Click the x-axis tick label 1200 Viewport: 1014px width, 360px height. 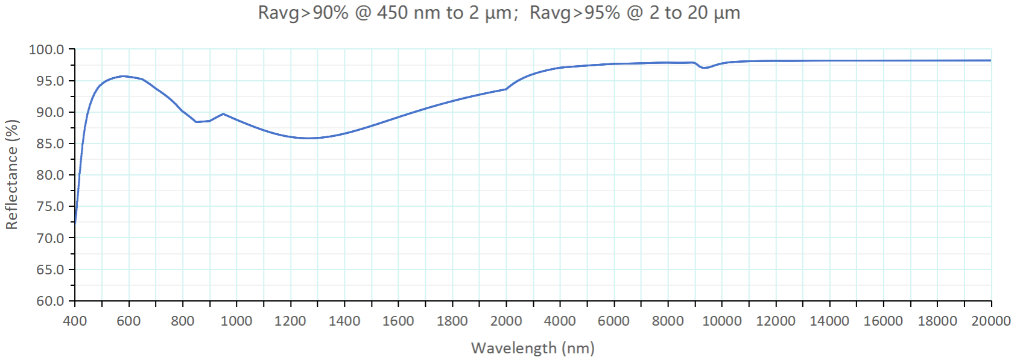(x=290, y=321)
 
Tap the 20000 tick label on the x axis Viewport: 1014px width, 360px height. (x=990, y=321)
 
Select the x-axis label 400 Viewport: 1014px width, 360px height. (x=75, y=321)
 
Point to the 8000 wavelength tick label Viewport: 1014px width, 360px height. (x=668, y=321)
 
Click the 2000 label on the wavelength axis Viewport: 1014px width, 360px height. (x=506, y=321)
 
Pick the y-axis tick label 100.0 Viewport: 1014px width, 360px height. (x=46, y=49)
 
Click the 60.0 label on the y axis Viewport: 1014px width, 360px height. (x=49, y=300)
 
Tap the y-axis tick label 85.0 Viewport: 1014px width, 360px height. (x=49, y=144)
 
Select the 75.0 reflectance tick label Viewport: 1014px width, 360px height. (x=49, y=206)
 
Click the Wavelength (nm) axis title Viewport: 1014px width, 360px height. (x=533, y=348)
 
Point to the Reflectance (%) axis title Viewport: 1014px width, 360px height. (x=12, y=174)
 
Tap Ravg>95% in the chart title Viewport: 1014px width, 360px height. (x=574, y=13)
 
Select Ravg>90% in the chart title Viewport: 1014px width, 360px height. (x=303, y=13)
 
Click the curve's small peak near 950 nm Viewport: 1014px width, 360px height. (x=223, y=113)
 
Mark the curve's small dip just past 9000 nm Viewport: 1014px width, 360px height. (x=705, y=68)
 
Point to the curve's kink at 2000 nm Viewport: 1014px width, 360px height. (x=506, y=89)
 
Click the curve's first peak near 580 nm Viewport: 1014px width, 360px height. (x=123, y=76)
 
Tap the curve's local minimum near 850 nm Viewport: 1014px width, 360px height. (x=197, y=122)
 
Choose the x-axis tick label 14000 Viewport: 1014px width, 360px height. (x=829, y=321)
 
